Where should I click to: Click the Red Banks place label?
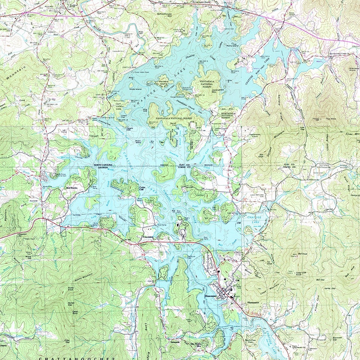point(72,188)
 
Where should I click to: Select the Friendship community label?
point(148,237)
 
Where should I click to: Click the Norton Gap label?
point(71,304)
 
